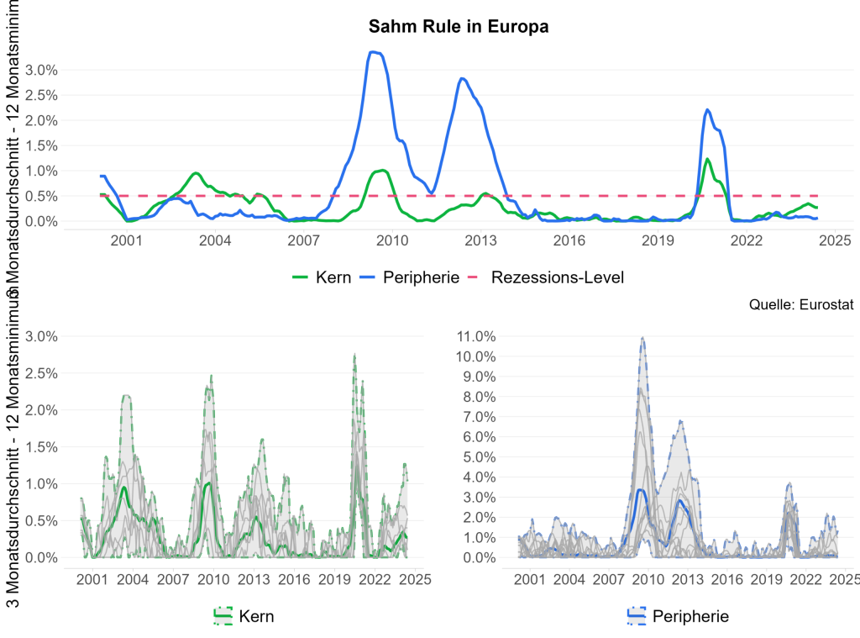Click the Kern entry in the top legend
(321, 277)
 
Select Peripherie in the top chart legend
(410, 277)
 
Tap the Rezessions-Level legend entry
(546, 277)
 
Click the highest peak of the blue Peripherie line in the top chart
(374, 52)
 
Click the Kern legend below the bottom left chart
(244, 616)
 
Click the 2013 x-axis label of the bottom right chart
(687, 579)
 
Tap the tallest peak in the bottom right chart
(642, 338)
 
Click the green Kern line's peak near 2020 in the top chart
(707, 159)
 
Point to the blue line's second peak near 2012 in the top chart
(462, 78)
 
